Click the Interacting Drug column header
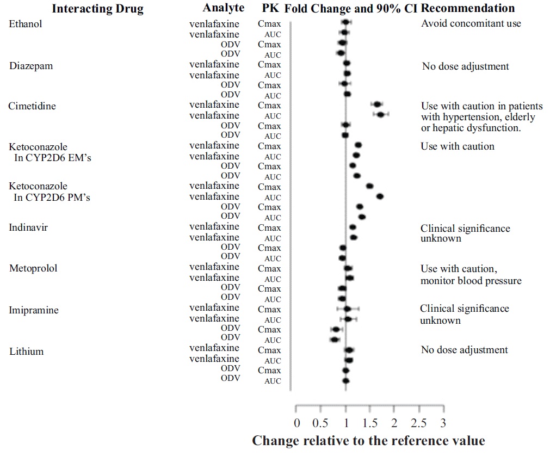pos(98,9)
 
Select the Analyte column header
pos(223,8)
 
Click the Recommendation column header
pos(468,8)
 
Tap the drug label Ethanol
pos(26,24)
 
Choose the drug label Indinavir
pos(28,227)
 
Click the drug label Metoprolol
pos(33,268)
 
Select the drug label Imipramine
pos(34,310)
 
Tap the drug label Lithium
pos(26,352)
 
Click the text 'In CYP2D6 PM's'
pos(52,198)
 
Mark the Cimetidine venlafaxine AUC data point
pos(380,115)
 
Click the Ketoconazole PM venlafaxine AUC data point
pos(380,196)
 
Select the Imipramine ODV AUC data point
pos(335,340)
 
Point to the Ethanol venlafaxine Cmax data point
pos(345,22)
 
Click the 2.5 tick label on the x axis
pos(419,423)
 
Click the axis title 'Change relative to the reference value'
pos(368,440)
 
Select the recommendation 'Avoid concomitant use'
pos(471,23)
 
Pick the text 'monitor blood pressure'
pos(471,281)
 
